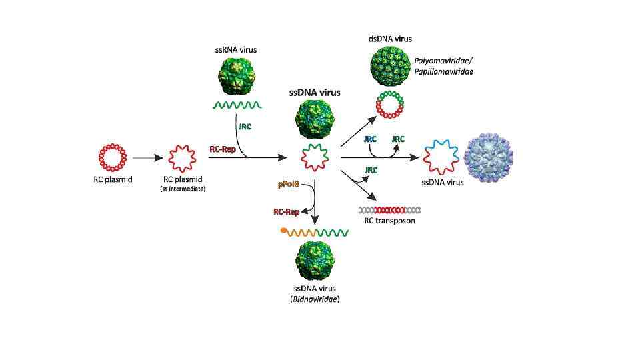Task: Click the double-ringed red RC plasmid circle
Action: (113, 158)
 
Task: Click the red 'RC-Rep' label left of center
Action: (222, 151)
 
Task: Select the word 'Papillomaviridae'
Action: (445, 71)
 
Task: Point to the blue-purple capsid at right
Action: (489, 158)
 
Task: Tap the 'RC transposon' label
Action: (389, 221)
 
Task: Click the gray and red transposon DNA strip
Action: (390, 209)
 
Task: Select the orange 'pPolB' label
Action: (288, 184)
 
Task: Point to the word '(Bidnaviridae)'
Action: (315, 299)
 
